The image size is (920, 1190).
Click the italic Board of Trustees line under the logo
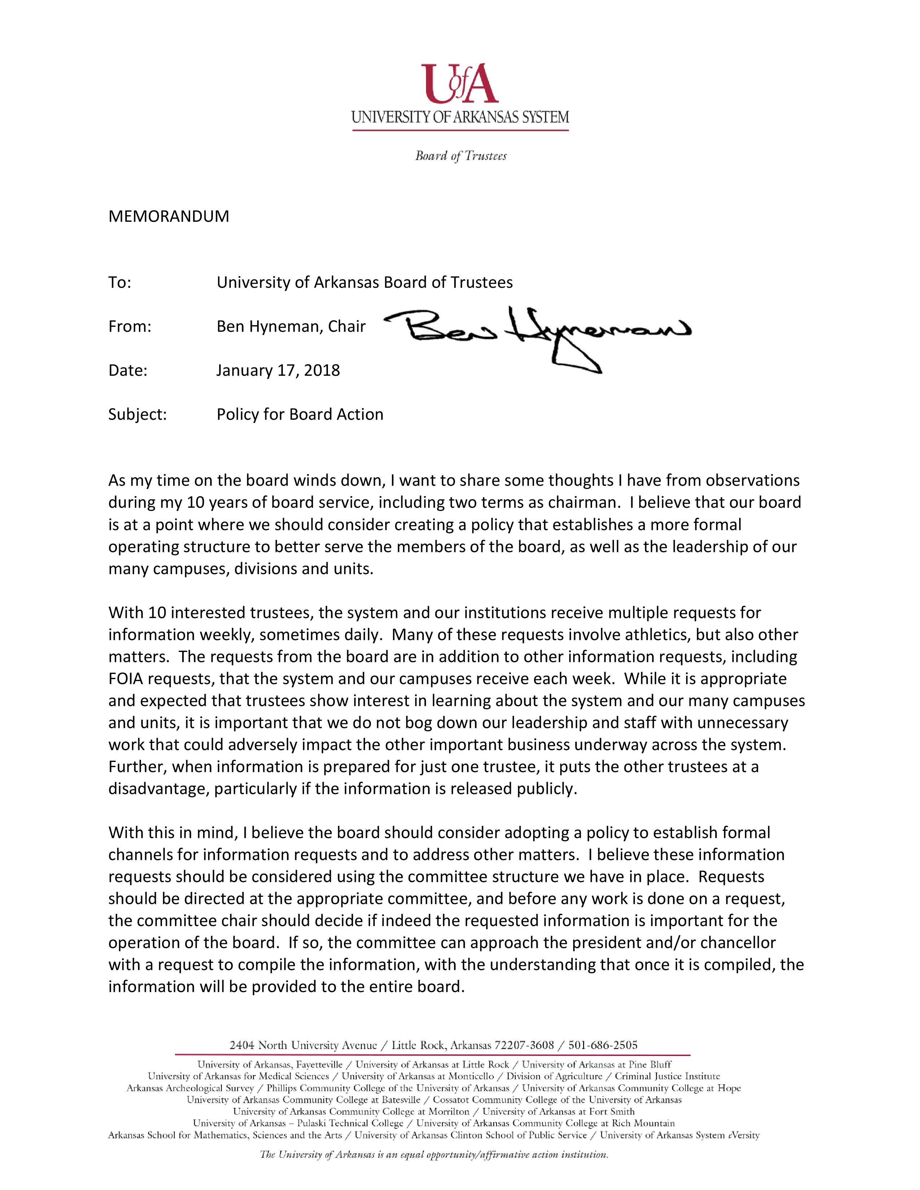pos(461,157)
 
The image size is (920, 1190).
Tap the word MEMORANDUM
pos(168,216)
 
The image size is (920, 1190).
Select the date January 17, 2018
pos(278,370)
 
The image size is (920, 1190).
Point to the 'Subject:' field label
pos(137,415)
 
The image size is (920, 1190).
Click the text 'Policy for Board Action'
pos(300,415)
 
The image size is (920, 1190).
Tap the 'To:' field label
pos(120,282)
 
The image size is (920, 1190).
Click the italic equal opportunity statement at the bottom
pos(434,1155)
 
